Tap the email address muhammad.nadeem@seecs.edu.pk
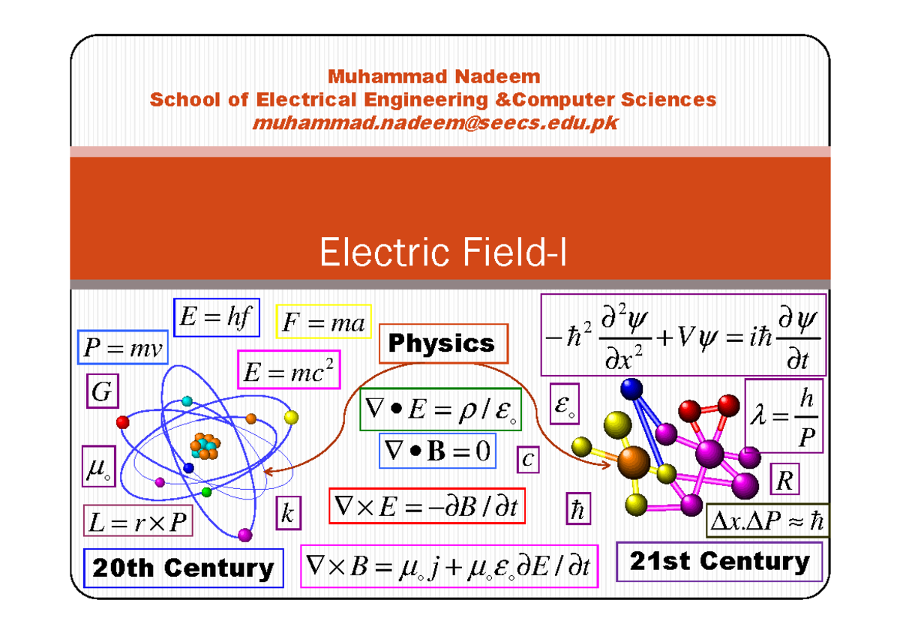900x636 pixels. [436, 122]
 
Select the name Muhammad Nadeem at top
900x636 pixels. [434, 76]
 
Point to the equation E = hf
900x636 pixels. [216, 318]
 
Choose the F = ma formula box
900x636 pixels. [324, 323]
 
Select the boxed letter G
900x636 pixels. [100, 391]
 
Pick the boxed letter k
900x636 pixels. [288, 514]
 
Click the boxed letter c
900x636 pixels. [527, 459]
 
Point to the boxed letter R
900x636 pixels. [784, 480]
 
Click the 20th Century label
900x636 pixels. [184, 568]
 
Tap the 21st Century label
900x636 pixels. [719, 562]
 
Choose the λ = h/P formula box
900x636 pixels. [784, 416]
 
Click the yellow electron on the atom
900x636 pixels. [292, 417]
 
